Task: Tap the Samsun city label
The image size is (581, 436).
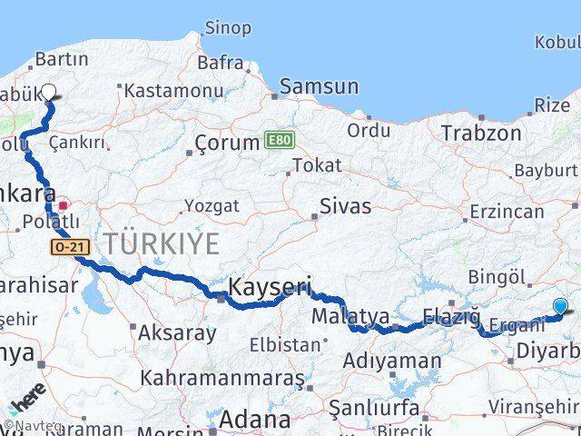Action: [319, 87]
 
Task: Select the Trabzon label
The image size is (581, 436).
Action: [481, 134]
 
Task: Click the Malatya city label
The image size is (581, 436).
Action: [350, 317]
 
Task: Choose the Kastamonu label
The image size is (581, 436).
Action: [172, 91]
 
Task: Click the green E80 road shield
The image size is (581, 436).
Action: [278, 140]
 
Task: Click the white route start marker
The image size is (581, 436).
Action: [49, 92]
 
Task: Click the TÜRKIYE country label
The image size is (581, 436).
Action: [162, 243]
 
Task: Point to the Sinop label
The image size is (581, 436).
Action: [228, 28]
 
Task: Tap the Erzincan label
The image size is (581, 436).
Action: [507, 212]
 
